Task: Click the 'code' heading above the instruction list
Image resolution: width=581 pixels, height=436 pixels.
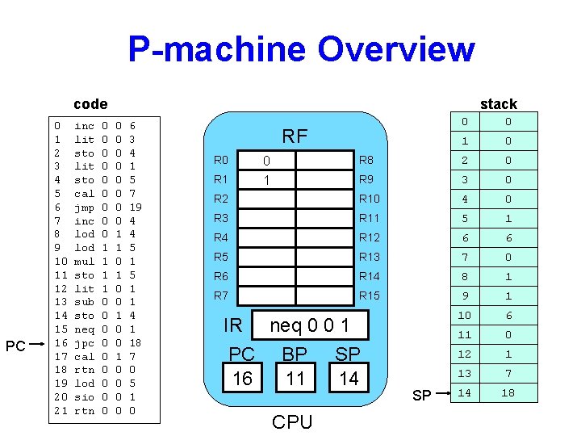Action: coord(90,103)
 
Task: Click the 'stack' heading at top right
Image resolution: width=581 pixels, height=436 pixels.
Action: coord(498,103)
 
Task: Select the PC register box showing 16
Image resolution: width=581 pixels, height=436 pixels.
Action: coord(242,378)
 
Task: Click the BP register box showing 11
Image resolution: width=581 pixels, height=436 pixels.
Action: coord(295,378)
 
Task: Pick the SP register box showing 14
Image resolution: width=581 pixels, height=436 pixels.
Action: coord(348,378)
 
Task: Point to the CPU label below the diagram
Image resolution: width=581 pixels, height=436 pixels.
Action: coord(291,422)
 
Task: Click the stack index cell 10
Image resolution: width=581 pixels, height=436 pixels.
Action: coord(464,315)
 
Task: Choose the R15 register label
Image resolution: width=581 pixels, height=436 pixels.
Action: coord(369,296)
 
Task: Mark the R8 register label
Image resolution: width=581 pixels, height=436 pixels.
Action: coord(366,160)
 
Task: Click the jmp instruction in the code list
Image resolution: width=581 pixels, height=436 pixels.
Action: coord(84,206)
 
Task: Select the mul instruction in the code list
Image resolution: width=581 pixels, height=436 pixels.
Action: coord(84,262)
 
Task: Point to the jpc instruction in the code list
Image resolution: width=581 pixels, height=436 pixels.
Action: coord(84,342)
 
